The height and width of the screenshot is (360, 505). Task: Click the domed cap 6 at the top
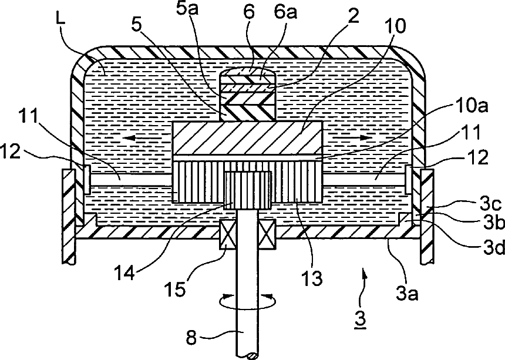(x=247, y=75)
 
